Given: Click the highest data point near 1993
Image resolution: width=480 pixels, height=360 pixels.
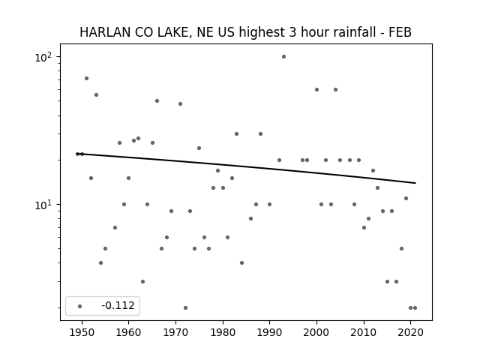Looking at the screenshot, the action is tap(283, 57).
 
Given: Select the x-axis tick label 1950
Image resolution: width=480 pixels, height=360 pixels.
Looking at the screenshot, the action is tap(82, 332).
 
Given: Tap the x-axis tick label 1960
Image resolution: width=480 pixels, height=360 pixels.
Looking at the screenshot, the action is tap(128, 332).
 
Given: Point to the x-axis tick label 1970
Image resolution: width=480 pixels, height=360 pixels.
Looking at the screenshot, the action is tap(175, 332).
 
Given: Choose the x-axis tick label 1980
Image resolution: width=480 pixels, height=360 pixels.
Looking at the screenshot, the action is tap(223, 332).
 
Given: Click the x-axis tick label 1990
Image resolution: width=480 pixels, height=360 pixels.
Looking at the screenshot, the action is tap(269, 332).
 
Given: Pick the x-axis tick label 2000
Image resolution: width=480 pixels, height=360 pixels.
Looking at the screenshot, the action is tap(316, 332).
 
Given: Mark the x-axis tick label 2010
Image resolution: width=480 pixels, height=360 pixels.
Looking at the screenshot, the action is tap(364, 332).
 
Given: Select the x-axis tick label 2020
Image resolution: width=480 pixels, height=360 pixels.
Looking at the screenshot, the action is tap(410, 332).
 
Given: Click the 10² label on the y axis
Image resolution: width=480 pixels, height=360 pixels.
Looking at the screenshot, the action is tap(43, 57).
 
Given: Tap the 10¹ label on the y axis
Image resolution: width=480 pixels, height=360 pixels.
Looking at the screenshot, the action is tap(43, 205).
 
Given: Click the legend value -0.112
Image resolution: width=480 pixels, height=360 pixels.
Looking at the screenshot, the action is tap(118, 305).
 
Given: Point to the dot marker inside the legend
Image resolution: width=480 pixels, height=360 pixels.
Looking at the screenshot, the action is tap(80, 306).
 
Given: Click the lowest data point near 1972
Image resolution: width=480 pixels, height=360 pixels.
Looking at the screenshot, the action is tap(185, 308).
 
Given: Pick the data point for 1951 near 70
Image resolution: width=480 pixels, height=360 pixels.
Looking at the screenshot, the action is tap(87, 78).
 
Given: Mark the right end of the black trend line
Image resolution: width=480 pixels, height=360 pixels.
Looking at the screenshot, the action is tap(415, 183).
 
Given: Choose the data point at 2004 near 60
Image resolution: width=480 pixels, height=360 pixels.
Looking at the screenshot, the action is tap(335, 90).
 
